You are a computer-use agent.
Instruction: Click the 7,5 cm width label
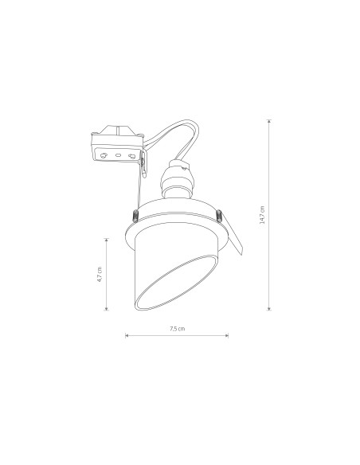(178, 329)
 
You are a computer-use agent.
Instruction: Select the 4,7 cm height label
(100, 275)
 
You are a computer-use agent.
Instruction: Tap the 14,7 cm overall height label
(262, 215)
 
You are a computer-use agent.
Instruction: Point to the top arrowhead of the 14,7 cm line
(269, 121)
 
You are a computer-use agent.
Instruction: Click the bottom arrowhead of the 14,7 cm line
(269, 309)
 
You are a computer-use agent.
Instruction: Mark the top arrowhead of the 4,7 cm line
(107, 240)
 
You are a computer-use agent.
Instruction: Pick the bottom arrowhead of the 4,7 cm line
(107, 309)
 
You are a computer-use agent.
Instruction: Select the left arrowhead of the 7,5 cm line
(127, 335)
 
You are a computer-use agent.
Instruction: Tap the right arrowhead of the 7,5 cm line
(226, 335)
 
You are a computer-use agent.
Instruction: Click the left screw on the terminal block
(104, 155)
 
